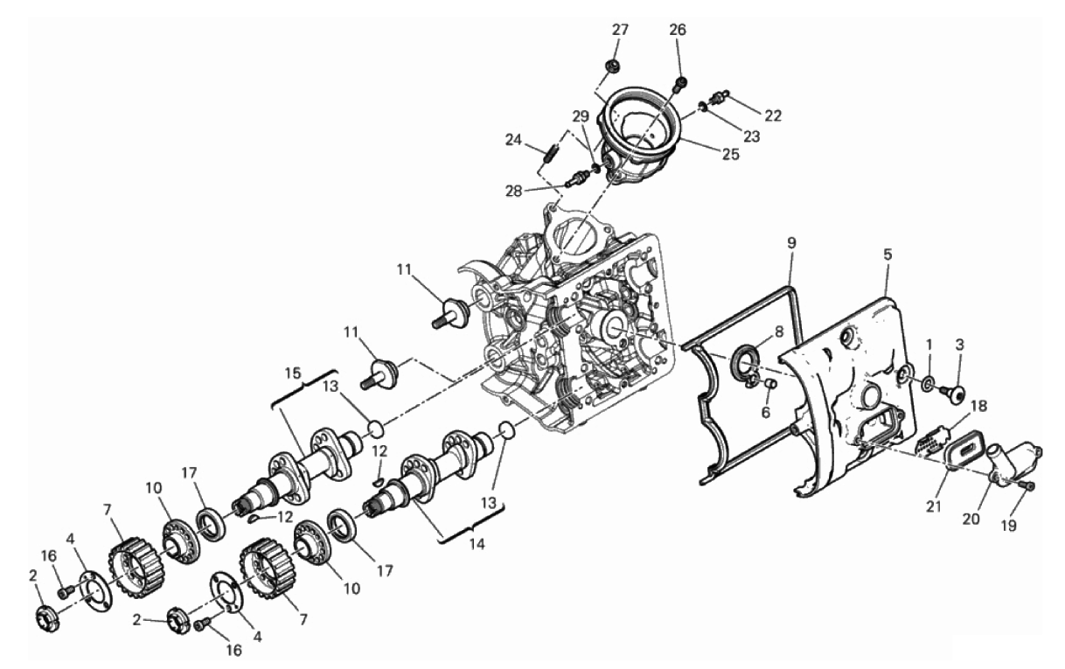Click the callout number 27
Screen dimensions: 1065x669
tap(620, 30)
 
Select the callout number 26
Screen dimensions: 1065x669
tap(678, 30)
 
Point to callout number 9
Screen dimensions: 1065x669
tap(790, 243)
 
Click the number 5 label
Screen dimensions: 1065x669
tap(887, 254)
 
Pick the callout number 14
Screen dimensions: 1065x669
tap(477, 544)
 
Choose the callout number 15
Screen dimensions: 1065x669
tap(293, 373)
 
